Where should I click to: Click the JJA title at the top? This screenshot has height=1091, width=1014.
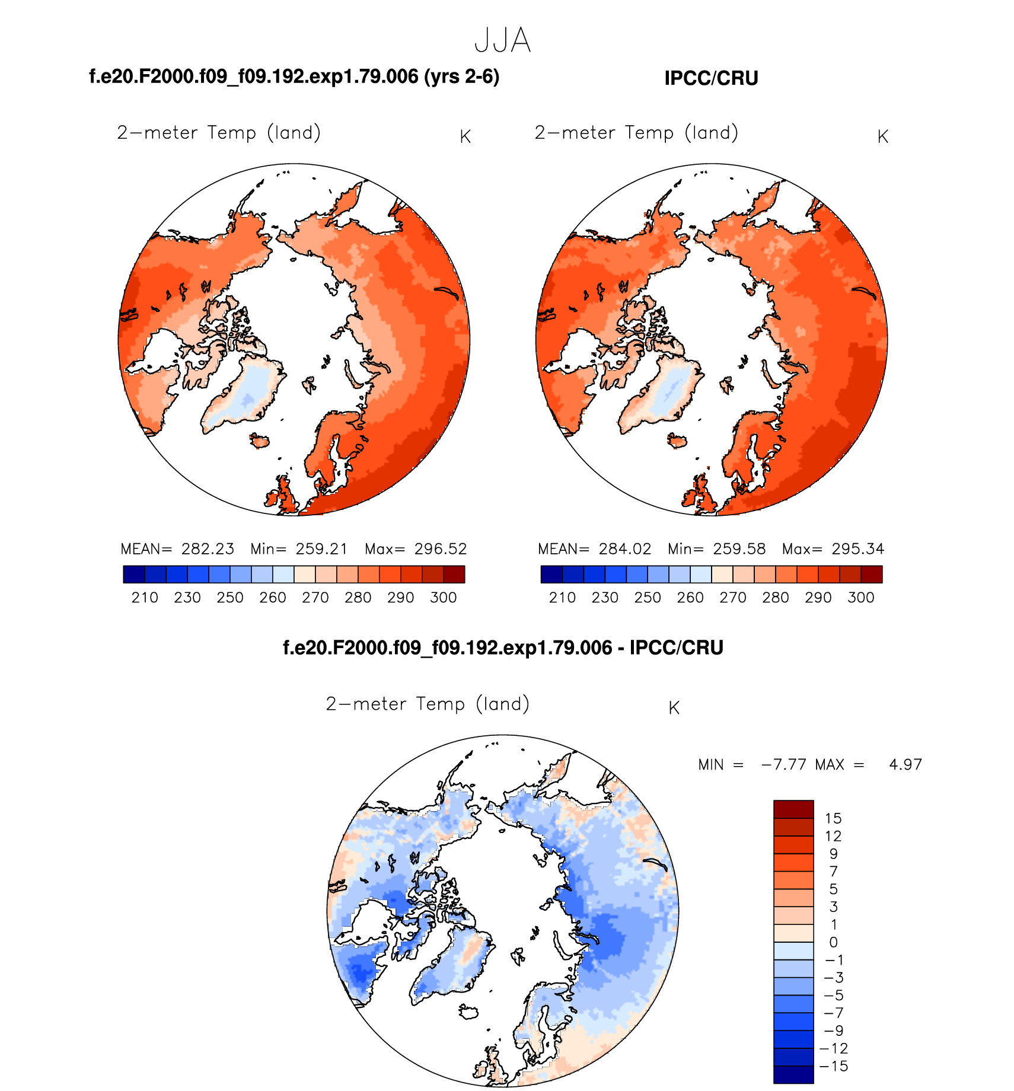(x=502, y=40)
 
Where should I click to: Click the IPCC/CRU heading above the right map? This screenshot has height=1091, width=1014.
(x=711, y=78)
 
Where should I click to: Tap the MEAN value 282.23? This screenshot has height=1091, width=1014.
(x=208, y=549)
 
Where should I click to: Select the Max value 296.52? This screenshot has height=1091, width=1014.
(x=441, y=549)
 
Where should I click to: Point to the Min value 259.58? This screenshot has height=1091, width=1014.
(x=739, y=549)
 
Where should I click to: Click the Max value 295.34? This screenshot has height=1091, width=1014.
(x=858, y=549)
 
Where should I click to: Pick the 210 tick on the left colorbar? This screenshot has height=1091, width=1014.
(x=145, y=598)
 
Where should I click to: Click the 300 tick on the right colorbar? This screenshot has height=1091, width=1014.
(x=861, y=598)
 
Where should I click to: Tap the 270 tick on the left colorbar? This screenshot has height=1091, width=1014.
(x=315, y=598)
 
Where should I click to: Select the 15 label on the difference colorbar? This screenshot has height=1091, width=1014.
(x=833, y=819)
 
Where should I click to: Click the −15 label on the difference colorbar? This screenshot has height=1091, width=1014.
(x=833, y=1066)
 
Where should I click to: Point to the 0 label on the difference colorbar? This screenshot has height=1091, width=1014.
(x=833, y=942)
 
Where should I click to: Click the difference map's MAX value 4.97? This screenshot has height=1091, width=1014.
(x=905, y=765)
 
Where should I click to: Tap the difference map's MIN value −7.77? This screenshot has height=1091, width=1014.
(x=783, y=765)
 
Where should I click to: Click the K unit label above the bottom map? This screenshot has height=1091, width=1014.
(x=674, y=708)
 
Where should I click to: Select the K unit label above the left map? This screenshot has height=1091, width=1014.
(x=465, y=137)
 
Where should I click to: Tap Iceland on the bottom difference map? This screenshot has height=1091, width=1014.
(x=469, y=1012)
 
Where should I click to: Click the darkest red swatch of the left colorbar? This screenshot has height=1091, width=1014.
(x=454, y=575)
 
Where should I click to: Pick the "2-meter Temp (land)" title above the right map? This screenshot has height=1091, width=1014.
(x=636, y=133)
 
